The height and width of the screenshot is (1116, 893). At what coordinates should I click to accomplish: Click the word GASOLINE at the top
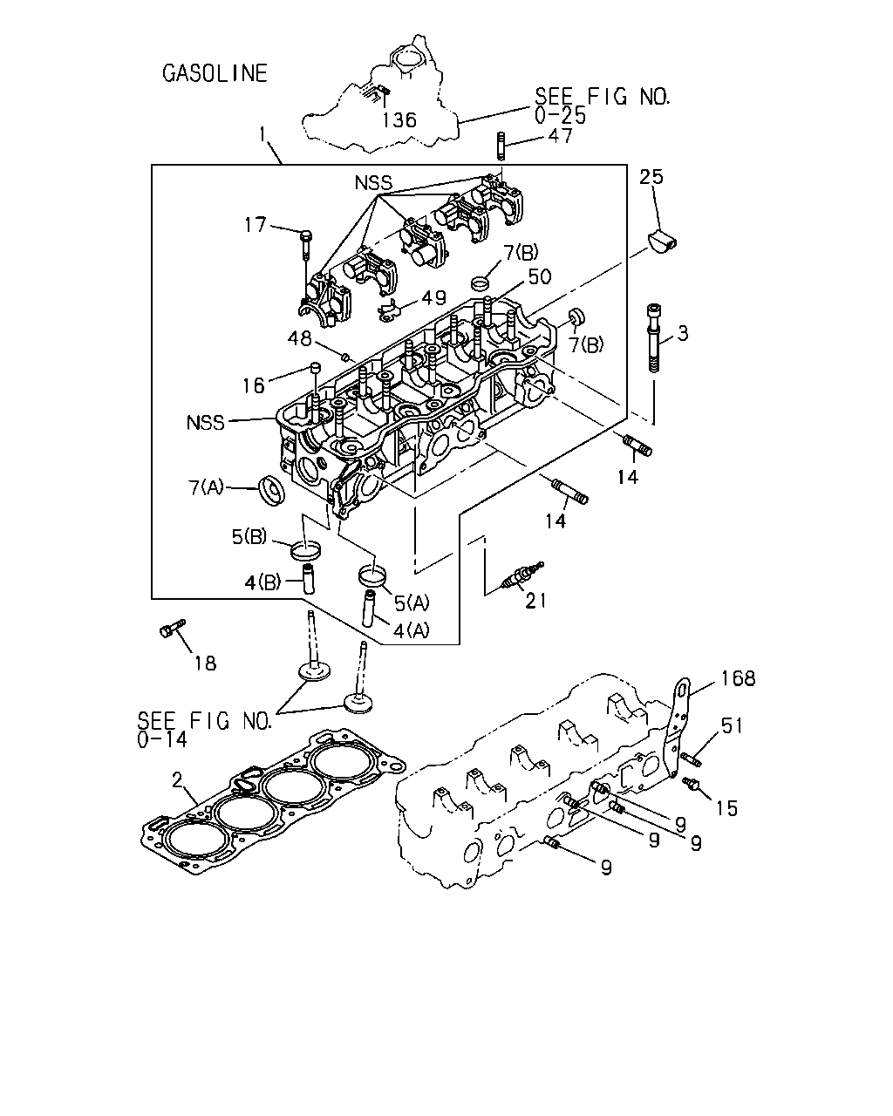pyautogui.click(x=215, y=73)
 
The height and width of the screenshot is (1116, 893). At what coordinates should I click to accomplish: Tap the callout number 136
pyautogui.click(x=399, y=120)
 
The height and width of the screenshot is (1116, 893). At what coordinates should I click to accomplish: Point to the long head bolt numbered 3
pyautogui.click(x=654, y=337)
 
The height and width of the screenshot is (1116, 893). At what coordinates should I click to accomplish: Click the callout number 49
pyautogui.click(x=433, y=298)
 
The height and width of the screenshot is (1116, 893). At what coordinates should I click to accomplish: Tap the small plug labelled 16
pyautogui.click(x=316, y=369)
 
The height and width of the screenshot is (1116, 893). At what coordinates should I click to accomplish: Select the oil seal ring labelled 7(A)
pyautogui.click(x=272, y=489)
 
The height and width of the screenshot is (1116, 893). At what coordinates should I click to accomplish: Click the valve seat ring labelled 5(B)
pyautogui.click(x=306, y=550)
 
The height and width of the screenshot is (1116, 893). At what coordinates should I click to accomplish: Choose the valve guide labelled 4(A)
pyautogui.click(x=370, y=609)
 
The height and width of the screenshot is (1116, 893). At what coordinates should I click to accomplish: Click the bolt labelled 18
pyautogui.click(x=172, y=628)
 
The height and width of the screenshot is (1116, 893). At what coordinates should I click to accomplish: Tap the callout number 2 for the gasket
pyautogui.click(x=177, y=780)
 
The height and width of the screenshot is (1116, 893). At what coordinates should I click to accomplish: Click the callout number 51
pyautogui.click(x=732, y=725)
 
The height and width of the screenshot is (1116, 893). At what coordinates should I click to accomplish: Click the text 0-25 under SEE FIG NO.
pyautogui.click(x=560, y=116)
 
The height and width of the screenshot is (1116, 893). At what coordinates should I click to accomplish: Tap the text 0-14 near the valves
pyautogui.click(x=162, y=739)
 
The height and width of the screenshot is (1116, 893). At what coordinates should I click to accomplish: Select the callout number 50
pyautogui.click(x=539, y=277)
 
